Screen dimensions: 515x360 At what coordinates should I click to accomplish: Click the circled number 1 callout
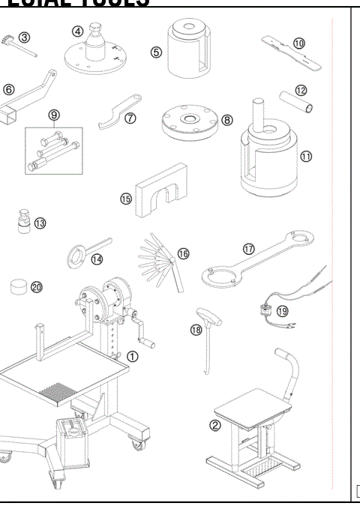[x=132, y=356]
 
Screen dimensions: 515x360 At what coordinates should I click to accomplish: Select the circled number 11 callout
[x=306, y=156]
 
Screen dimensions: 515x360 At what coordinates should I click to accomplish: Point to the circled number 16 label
[x=184, y=253]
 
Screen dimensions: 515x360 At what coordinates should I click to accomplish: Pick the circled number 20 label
[x=37, y=286]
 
